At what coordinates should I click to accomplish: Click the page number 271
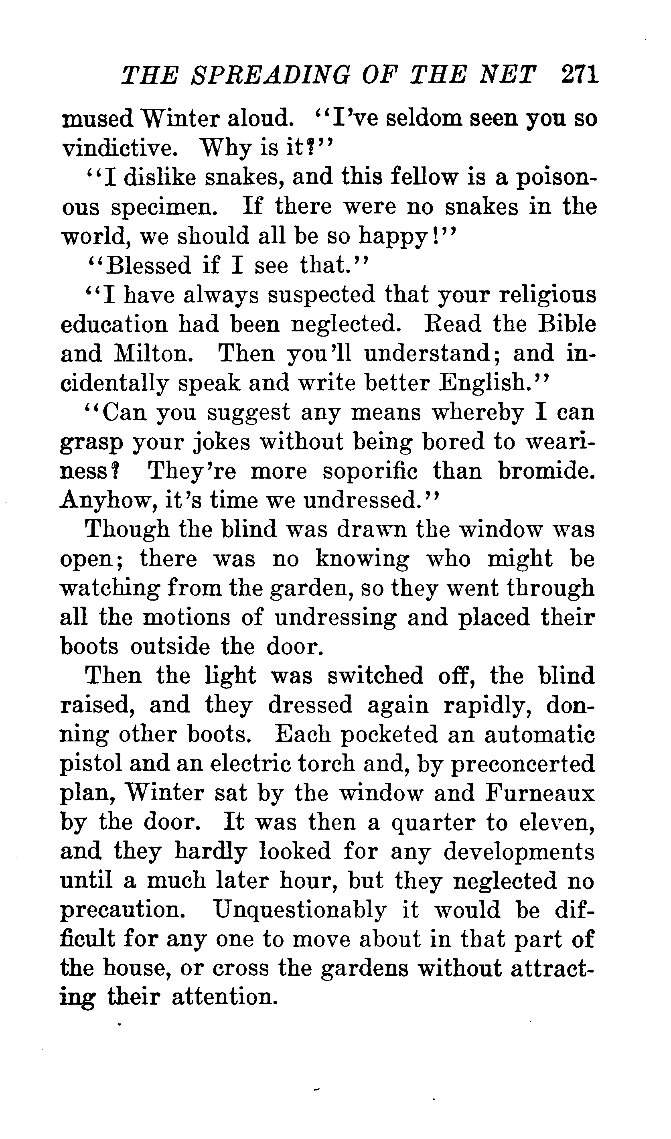coord(580,75)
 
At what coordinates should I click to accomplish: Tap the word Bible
coord(568,324)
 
